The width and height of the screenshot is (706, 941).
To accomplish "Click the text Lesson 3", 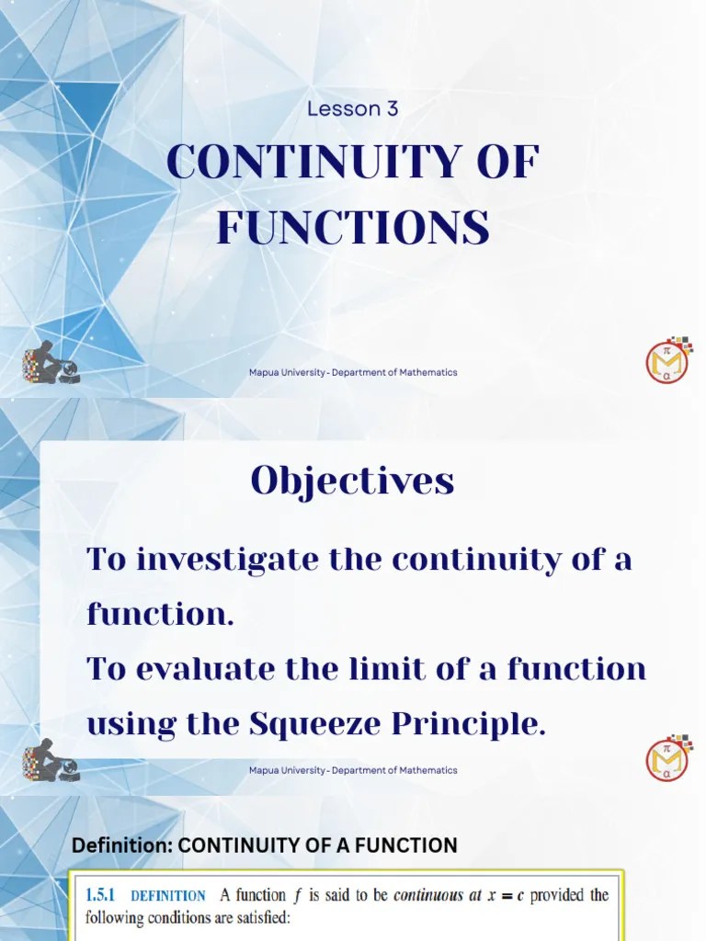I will pyautogui.click(x=353, y=108).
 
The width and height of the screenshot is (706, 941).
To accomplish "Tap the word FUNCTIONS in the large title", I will pyautogui.click(x=353, y=227).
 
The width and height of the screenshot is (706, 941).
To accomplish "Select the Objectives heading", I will pyautogui.click(x=353, y=481).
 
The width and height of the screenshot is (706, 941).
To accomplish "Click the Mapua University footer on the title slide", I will pyautogui.click(x=353, y=372).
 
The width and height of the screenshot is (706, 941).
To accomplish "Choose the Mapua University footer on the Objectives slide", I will pyautogui.click(x=353, y=770).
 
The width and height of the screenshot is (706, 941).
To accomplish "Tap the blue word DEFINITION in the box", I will pyautogui.click(x=168, y=896).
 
